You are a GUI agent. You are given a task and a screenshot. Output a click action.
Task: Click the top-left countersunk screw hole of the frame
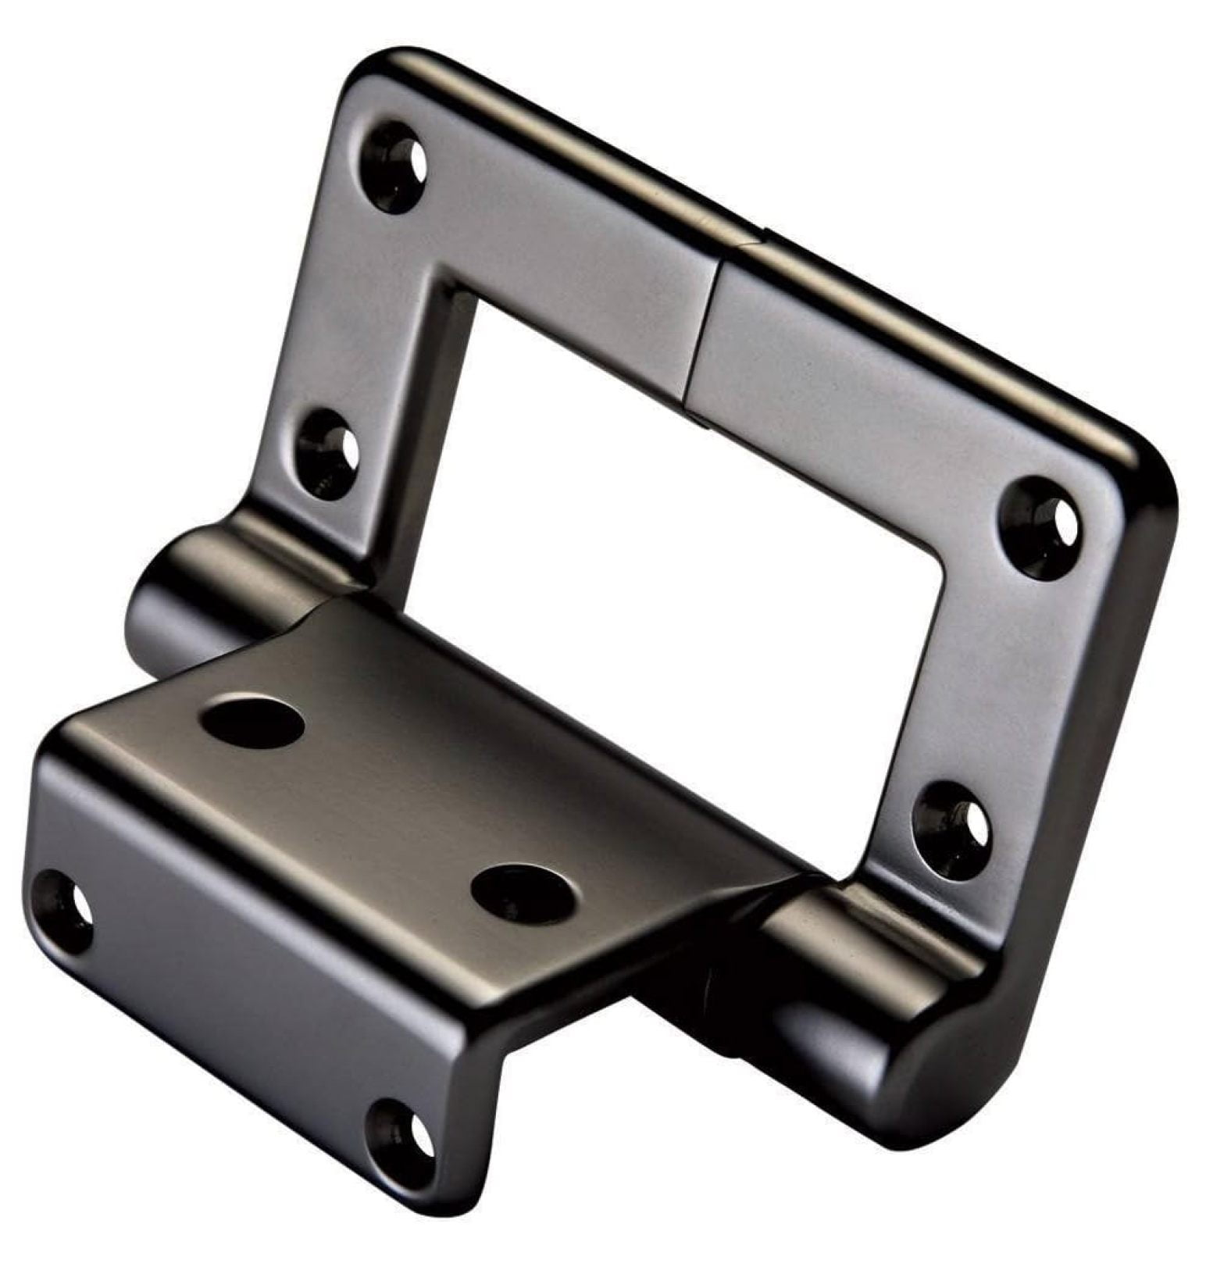tap(397, 167)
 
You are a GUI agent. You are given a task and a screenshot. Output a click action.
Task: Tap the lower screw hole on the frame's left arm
tap(329, 454)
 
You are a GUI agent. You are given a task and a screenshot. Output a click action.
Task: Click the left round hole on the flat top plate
tap(252, 722)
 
